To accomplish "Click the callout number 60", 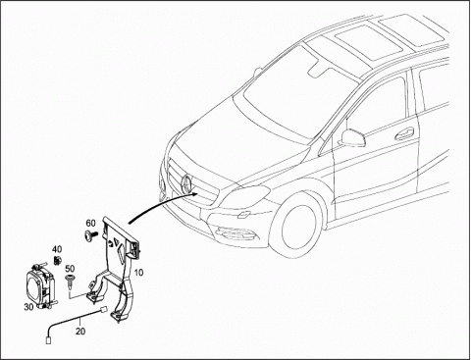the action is coord(90,224).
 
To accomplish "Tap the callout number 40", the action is coord(57,249).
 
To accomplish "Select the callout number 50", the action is coord(70,269).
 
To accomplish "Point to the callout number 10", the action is coord(138,272).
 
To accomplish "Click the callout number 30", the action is coord(28,307).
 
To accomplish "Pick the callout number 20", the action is coord(80,332).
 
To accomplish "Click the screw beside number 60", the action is coord(91,234).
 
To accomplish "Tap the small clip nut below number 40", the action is coord(58,260).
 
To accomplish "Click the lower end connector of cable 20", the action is coord(49,340).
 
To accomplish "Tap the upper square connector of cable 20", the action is coord(103,309).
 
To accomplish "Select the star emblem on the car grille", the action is coord(187,182).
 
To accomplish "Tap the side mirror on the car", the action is coord(352,138).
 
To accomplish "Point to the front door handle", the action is coord(404,133).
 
